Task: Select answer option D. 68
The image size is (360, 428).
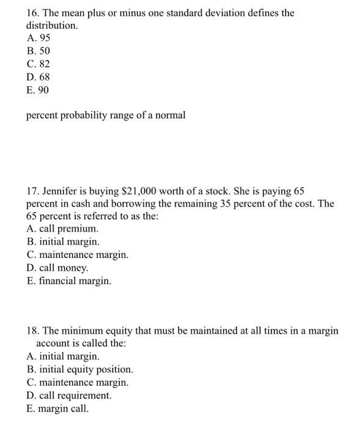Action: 38,77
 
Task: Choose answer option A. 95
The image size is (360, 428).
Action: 38,39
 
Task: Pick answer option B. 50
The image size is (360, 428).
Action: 38,51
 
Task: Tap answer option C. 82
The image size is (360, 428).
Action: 38,64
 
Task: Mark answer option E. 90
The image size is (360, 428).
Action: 37,90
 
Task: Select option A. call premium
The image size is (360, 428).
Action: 62,229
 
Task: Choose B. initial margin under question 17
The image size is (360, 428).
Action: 63,242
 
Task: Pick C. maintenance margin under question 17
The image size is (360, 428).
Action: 78,255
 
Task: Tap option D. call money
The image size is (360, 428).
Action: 57,268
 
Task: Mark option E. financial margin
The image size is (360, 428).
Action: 68,281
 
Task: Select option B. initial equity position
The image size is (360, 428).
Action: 80,369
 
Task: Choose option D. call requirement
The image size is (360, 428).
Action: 69,395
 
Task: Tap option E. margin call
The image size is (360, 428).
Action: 57,408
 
